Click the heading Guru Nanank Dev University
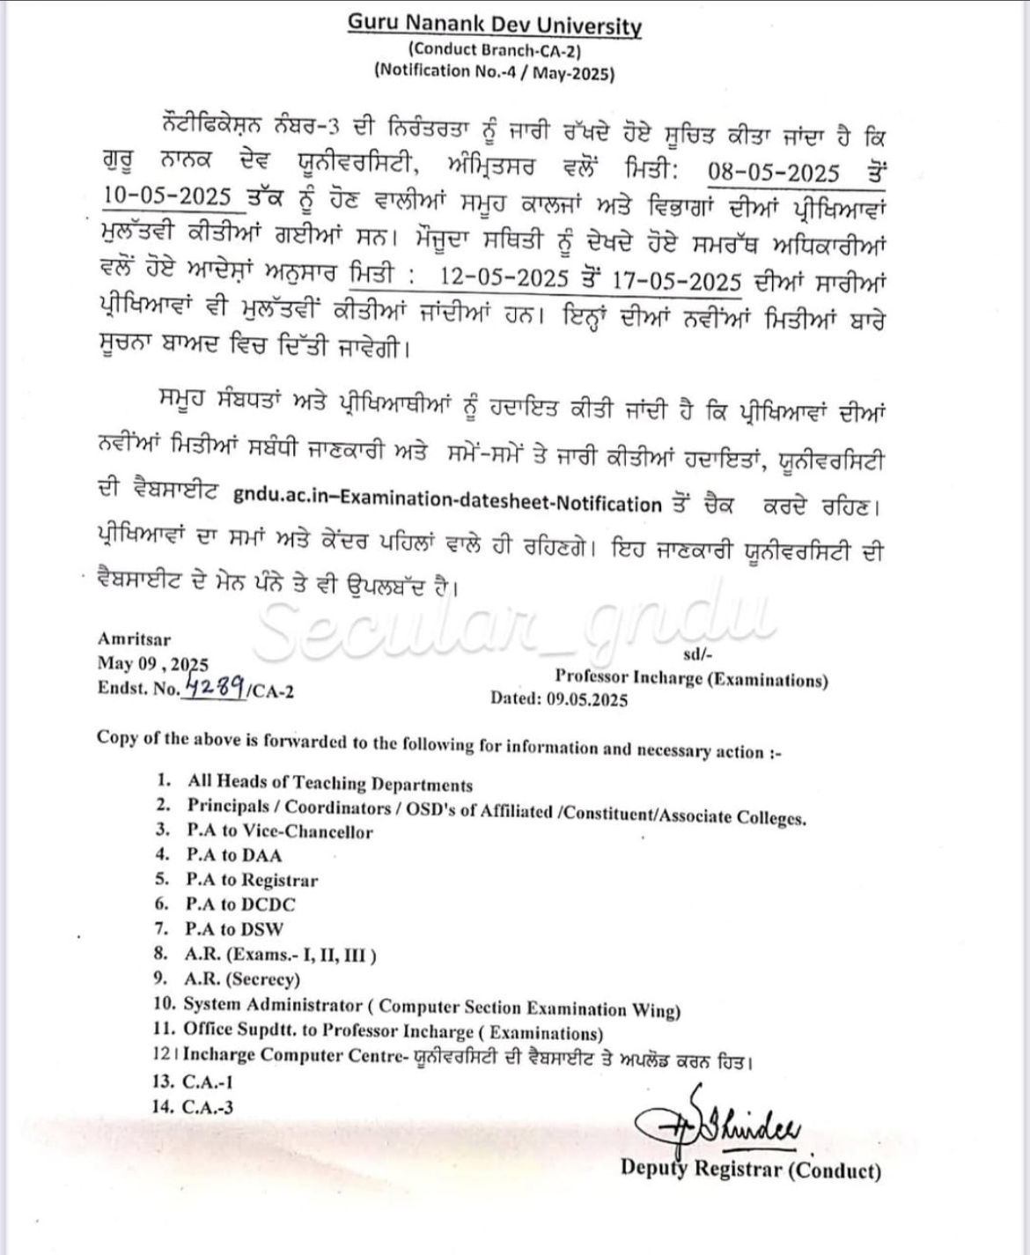pyautogui.click(x=495, y=25)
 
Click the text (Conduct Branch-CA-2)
pyautogui.click(x=495, y=50)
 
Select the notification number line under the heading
pyautogui.click(x=495, y=72)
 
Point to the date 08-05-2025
pyautogui.click(x=775, y=172)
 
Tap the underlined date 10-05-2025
pyautogui.click(x=168, y=196)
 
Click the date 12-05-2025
pyautogui.click(x=504, y=278)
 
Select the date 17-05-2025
pyautogui.click(x=676, y=280)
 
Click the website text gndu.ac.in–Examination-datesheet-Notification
pyautogui.click(x=447, y=504)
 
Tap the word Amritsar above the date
pyautogui.click(x=135, y=639)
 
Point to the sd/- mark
pyautogui.click(x=697, y=653)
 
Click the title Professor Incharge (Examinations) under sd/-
pyautogui.click(x=691, y=678)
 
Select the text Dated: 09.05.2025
pyautogui.click(x=559, y=699)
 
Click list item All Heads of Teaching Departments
pyautogui.click(x=330, y=783)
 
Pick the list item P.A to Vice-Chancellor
pyautogui.click(x=279, y=831)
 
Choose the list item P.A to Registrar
pyautogui.click(x=252, y=880)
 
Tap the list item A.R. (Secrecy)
pyautogui.click(x=242, y=978)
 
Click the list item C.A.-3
pyautogui.click(x=207, y=1107)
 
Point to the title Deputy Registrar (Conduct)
pyautogui.click(x=750, y=1169)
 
